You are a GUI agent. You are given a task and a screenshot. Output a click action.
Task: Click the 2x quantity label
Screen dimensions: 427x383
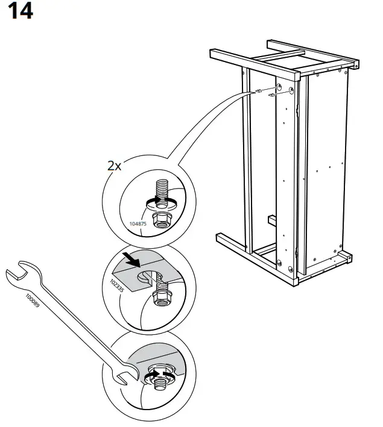(115, 166)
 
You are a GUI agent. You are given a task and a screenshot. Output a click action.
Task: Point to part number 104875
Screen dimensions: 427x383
(138, 223)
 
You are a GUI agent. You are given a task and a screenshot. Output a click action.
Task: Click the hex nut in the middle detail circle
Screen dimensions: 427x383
(161, 296)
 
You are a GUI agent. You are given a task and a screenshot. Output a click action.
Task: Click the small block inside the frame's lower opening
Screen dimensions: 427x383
(272, 219)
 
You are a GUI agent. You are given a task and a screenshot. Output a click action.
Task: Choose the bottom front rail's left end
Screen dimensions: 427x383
(221, 238)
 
